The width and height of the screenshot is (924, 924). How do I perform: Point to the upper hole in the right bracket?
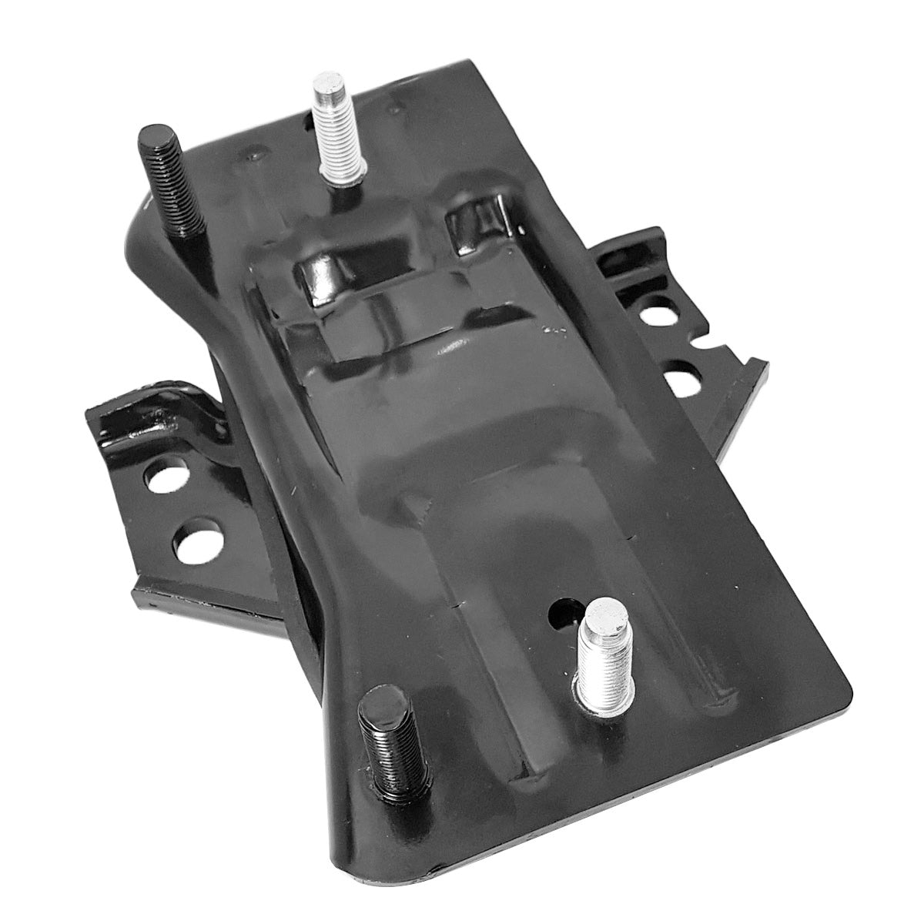[x=653, y=316]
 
